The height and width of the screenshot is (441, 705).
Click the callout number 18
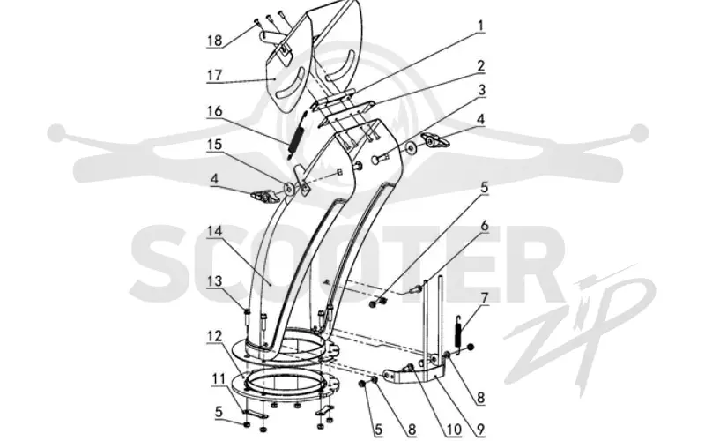tap(214, 40)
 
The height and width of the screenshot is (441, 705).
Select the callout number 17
tap(214, 75)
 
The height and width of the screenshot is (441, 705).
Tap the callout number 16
tap(214, 111)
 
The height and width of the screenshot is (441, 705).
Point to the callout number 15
tap(214, 145)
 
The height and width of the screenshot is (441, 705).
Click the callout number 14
tap(214, 231)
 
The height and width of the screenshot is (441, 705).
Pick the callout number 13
tap(214, 280)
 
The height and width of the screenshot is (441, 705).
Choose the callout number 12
tap(214, 336)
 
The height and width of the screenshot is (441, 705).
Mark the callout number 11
tap(219, 378)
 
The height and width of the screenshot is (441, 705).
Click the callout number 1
tap(480, 26)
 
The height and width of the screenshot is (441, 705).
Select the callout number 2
tap(480, 65)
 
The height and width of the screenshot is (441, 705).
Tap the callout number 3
tap(481, 90)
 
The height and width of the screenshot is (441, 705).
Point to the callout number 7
tap(484, 298)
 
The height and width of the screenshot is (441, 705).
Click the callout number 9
tap(480, 430)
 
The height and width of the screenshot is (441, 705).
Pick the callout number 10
tap(454, 430)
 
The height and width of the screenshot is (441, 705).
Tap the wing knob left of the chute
tap(266, 196)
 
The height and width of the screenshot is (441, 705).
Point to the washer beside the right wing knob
tap(411, 147)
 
